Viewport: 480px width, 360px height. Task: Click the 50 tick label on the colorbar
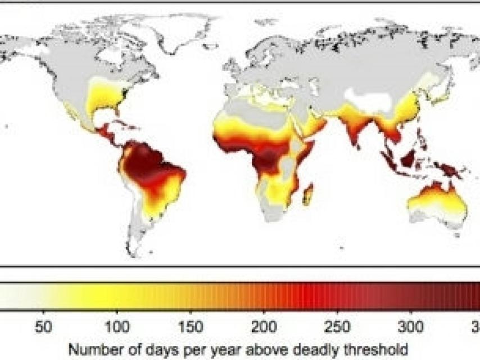coord(43,327)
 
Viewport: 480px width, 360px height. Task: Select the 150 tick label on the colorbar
coord(191,327)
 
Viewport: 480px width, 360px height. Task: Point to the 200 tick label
coord(264,327)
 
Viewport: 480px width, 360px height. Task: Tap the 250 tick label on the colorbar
coord(338,327)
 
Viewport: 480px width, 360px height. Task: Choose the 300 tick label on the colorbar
coord(411,327)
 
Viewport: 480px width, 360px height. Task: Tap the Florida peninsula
coord(124,108)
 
